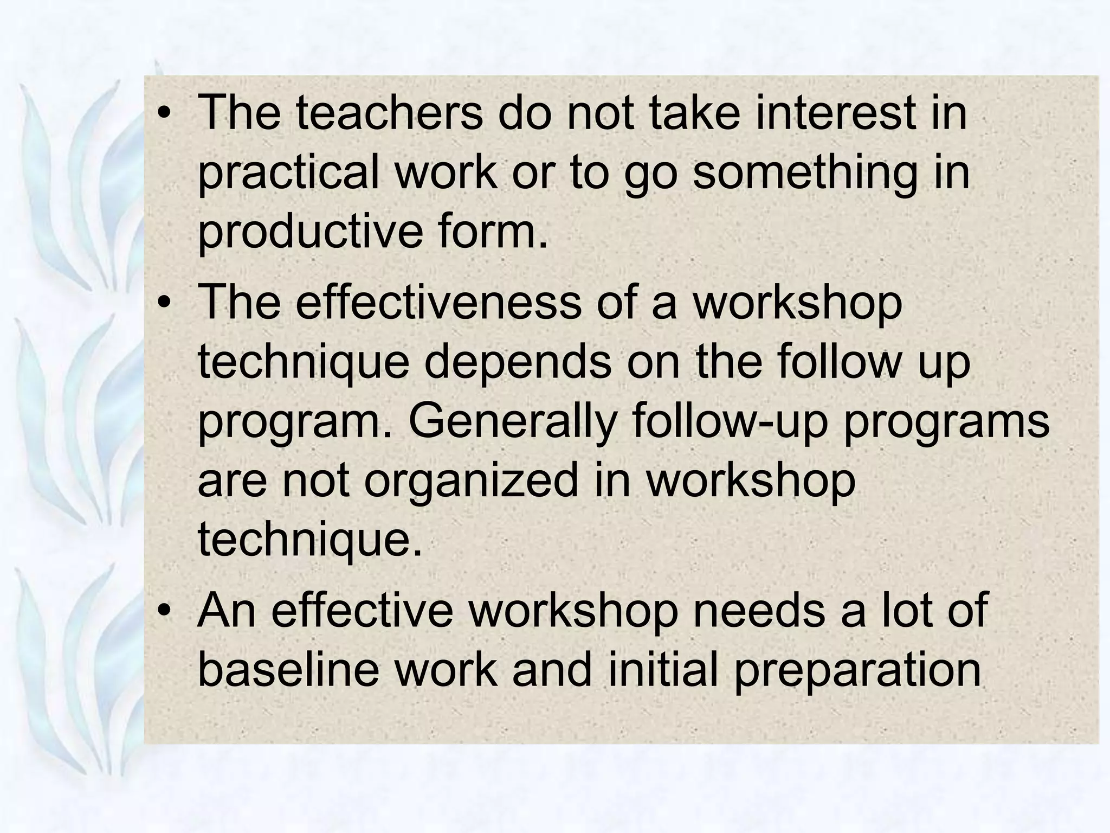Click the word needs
(759, 610)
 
